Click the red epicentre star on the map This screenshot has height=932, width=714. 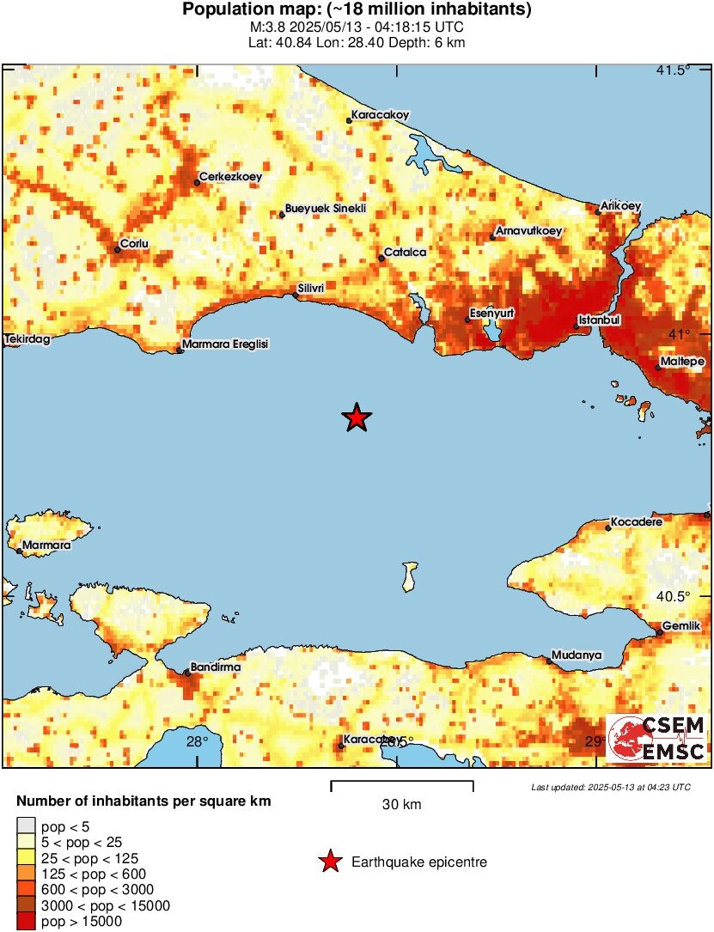pos(357,418)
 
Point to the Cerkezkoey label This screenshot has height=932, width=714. pos(230,178)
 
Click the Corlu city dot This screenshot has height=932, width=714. pos(117,250)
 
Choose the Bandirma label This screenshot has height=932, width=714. pos(215,667)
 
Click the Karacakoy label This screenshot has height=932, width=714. pos(380,114)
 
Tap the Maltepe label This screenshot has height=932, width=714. pos(684,362)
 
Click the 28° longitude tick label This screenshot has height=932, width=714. pos(197,742)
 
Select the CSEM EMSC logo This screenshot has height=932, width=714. pos(657,739)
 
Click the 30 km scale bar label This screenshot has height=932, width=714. pos(401,805)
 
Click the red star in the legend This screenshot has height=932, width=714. pos(329,862)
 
